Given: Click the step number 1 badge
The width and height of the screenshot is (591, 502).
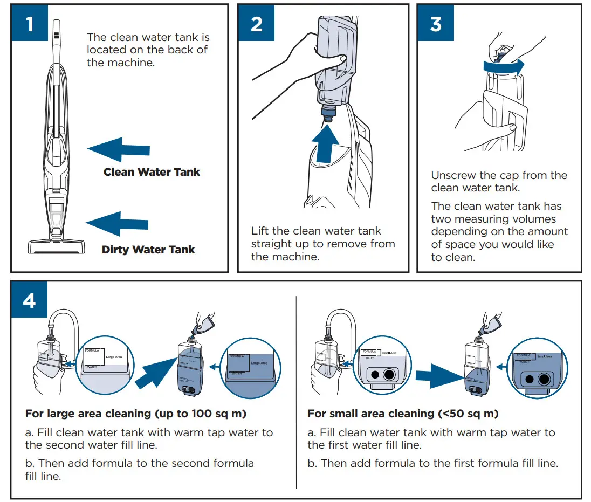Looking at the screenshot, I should pyautogui.click(x=30, y=24).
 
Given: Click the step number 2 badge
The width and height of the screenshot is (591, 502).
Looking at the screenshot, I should pyautogui.click(x=257, y=24).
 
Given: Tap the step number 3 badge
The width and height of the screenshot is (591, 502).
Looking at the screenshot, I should pyautogui.click(x=436, y=24).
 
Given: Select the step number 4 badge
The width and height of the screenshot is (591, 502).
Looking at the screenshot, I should pyautogui.click(x=30, y=300).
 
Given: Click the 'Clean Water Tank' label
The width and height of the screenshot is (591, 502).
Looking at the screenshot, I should pyautogui.click(x=152, y=173).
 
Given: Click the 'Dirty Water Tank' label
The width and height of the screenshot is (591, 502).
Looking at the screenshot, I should pyautogui.click(x=148, y=250).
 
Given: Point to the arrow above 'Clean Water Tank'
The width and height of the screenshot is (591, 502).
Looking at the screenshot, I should pyautogui.click(x=118, y=149).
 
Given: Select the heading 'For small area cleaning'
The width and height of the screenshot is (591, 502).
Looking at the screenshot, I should pyautogui.click(x=403, y=414).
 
